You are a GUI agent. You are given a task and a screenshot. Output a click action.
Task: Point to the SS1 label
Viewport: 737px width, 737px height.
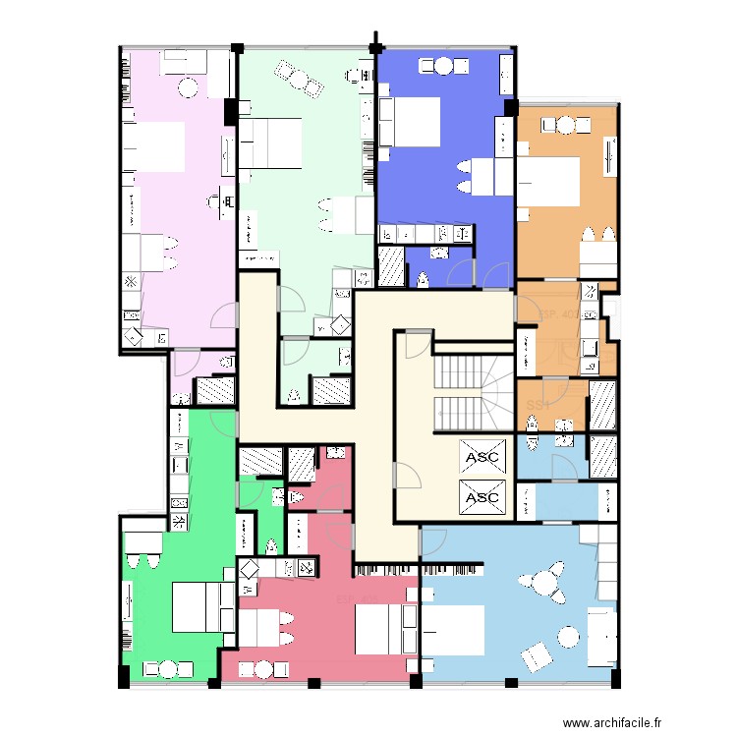[x=537, y=405]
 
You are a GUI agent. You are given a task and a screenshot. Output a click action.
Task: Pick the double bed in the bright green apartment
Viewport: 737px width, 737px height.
[x=197, y=606]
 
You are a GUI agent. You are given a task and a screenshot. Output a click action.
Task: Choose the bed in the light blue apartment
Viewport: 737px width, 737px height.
[x=455, y=629]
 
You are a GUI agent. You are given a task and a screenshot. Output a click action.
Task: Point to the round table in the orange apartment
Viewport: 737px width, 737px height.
[x=565, y=124]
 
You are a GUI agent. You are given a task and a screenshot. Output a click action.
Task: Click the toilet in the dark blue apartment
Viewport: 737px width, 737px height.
[x=423, y=279]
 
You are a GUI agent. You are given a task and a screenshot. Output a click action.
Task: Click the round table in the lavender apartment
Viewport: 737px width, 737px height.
[x=188, y=87]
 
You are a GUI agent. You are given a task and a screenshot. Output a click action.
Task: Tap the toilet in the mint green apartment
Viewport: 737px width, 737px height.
[x=295, y=396]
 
